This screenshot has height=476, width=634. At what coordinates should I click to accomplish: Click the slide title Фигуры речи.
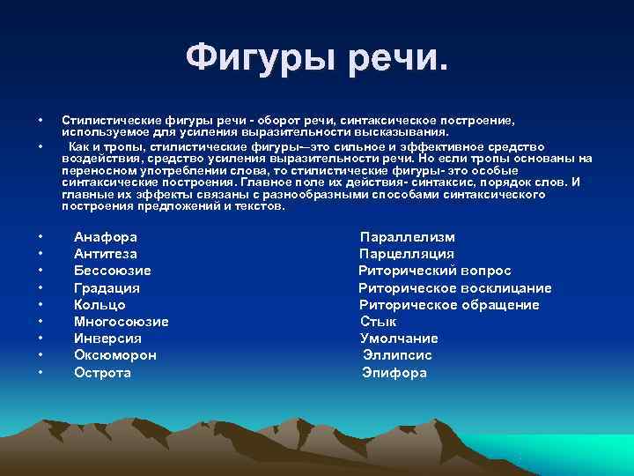pyautogui.click(x=317, y=59)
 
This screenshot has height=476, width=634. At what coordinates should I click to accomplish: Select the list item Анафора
pyautogui.click(x=105, y=237)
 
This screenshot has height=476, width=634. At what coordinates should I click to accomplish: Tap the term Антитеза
pyautogui.click(x=105, y=254)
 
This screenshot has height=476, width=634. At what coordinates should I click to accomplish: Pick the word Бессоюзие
pyautogui.click(x=112, y=271)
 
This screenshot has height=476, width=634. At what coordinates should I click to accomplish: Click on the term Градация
pyautogui.click(x=107, y=288)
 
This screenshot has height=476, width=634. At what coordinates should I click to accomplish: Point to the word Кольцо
pyautogui.click(x=100, y=305)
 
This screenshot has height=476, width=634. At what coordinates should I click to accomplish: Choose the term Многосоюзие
pyautogui.click(x=121, y=322)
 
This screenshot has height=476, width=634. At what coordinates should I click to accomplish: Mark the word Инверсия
pyautogui.click(x=107, y=338)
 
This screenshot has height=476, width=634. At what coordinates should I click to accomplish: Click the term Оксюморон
pyautogui.click(x=114, y=355)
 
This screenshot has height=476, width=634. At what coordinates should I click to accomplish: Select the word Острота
pyautogui.click(x=102, y=373)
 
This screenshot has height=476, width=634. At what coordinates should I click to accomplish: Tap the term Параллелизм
pyautogui.click(x=407, y=237)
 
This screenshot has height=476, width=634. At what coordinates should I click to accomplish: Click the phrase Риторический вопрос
pyautogui.click(x=434, y=271)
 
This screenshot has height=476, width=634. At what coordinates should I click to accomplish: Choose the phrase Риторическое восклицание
pyautogui.click(x=454, y=288)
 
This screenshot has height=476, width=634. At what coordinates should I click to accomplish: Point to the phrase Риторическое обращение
pyautogui.click(x=449, y=305)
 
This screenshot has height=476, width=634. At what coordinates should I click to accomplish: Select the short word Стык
pyautogui.click(x=378, y=322)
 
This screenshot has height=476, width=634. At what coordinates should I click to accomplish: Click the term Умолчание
pyautogui.click(x=399, y=338)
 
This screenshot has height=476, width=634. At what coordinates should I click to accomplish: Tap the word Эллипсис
pyautogui.click(x=397, y=355)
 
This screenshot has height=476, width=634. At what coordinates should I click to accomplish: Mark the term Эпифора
pyautogui.click(x=394, y=373)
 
